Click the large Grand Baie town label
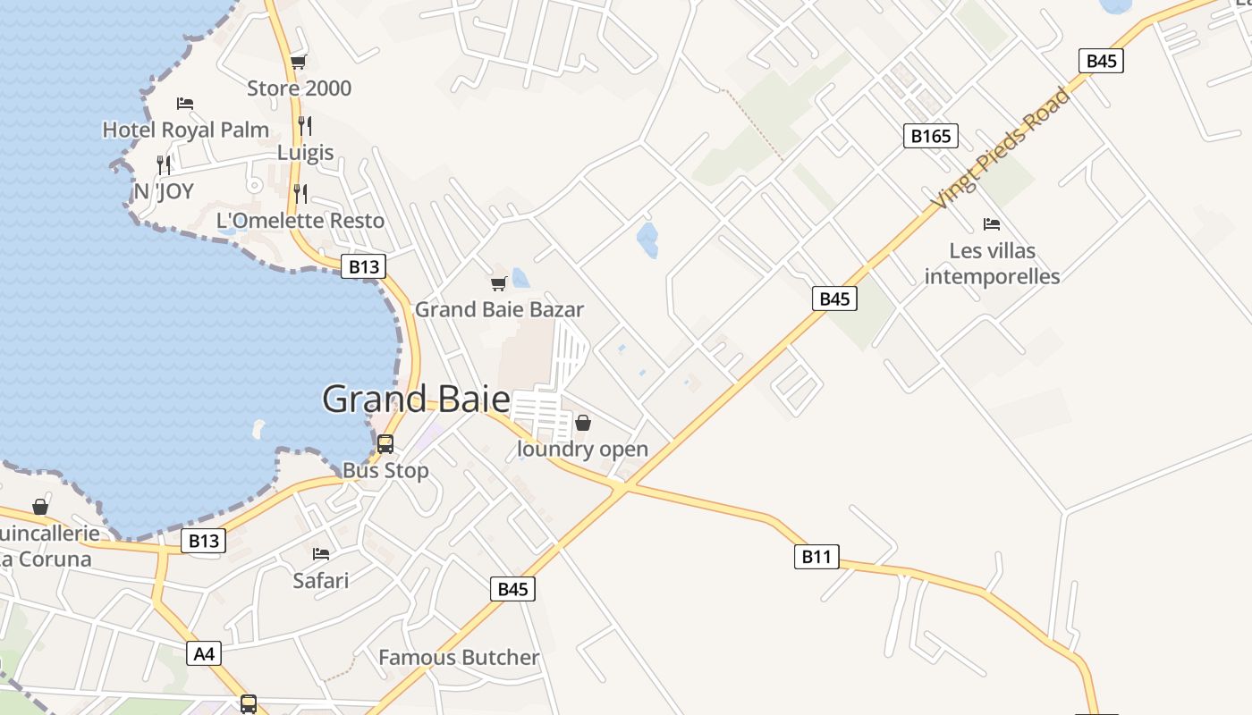[x=416, y=399]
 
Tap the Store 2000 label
[x=299, y=88]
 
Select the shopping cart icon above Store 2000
[x=298, y=62]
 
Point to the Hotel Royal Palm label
[x=185, y=130]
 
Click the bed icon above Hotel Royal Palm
[x=185, y=104]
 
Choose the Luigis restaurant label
[x=305, y=153]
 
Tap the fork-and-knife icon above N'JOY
[x=163, y=164]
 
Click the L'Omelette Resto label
[x=300, y=221]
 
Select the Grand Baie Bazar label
[x=499, y=310]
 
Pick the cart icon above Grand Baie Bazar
[x=498, y=284]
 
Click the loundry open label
[x=583, y=449]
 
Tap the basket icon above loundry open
[x=583, y=423]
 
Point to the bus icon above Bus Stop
[x=385, y=443]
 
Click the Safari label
[x=321, y=581]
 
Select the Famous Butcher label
[x=459, y=658]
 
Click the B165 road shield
[x=930, y=136]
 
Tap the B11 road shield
[x=816, y=557]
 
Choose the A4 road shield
[x=205, y=654]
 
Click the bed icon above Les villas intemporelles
[x=991, y=224]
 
